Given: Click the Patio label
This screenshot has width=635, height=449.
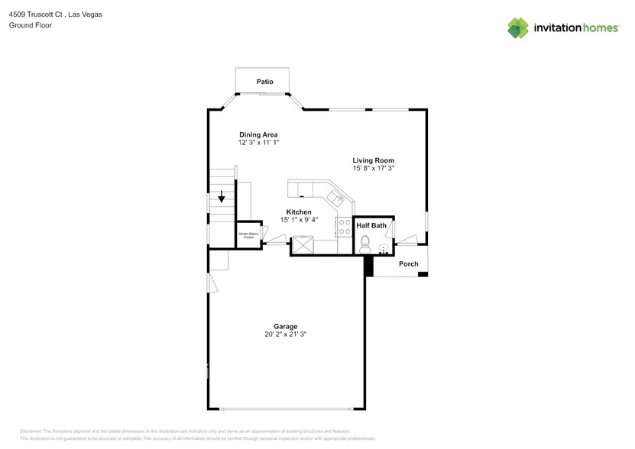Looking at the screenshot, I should [x=264, y=82].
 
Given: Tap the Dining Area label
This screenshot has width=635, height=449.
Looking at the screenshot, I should [x=258, y=134].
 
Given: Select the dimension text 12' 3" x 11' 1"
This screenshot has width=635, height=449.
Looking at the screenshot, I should [x=258, y=143].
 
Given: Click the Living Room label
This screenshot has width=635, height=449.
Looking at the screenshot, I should [x=373, y=160].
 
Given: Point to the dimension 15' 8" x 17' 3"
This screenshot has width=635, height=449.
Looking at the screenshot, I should [x=373, y=169].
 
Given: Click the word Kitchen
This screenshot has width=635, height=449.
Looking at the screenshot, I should [x=298, y=212].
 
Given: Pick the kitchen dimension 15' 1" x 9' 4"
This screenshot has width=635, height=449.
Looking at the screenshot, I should [x=298, y=220].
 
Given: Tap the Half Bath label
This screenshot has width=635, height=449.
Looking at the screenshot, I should [x=371, y=226].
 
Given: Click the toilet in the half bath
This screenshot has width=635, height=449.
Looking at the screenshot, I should [x=364, y=244].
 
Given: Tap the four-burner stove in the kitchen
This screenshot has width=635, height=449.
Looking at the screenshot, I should [x=343, y=227].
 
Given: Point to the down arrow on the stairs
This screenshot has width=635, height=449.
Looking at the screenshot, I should [x=222, y=195].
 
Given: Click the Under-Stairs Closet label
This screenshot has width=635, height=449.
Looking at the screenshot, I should [x=248, y=236].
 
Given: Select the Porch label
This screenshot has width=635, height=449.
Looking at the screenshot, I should [x=408, y=264].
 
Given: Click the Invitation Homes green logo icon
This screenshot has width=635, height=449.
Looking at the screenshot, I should [x=519, y=27].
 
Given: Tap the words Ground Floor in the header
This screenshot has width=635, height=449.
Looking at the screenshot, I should [x=26, y=25].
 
